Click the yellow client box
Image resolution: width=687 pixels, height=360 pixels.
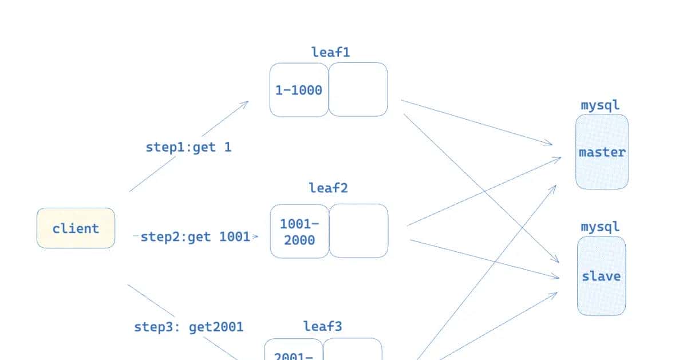coord(76,228)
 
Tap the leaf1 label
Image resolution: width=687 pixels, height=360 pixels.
coord(330,53)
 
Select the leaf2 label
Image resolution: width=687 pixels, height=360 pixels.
coord(328,188)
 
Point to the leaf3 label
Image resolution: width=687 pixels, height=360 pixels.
coord(323,326)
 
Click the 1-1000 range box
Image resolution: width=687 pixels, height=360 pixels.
coord(299,90)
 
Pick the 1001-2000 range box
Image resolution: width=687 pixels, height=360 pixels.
coord(299,231)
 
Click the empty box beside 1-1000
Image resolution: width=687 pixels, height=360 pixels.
coord(358,90)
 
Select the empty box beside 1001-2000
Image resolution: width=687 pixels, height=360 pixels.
coord(359,231)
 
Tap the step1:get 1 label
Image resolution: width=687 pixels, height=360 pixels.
coord(188,147)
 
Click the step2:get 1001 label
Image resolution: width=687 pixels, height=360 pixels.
coord(195,236)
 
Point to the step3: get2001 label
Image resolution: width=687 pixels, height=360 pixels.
coord(188,327)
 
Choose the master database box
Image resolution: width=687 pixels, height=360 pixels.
coord(602,152)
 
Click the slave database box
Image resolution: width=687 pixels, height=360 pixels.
coord(601,276)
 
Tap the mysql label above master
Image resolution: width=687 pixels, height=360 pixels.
coord(600,105)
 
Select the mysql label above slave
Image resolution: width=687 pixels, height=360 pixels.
coord(600,227)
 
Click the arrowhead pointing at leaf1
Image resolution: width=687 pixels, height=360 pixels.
coord(245,104)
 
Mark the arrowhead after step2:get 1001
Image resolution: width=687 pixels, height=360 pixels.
coord(255,236)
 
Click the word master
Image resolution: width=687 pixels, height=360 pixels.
coord(602,153)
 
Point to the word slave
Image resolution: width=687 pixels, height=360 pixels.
coord(601,276)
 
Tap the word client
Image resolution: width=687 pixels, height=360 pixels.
coord(76,229)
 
